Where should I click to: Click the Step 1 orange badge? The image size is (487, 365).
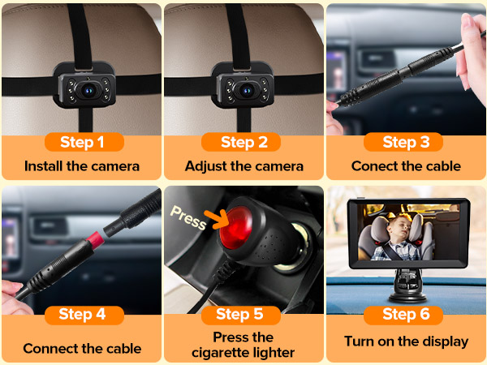coord(82,142)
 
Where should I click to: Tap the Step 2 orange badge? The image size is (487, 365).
coord(244,142)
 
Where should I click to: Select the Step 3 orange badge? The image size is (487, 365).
coord(406,142)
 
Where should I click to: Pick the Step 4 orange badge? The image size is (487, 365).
coord(82,314)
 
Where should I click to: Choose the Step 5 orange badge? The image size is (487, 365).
coord(244,314)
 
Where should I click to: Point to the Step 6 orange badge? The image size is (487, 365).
coord(406,314)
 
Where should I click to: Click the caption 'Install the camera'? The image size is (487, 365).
coord(82,166)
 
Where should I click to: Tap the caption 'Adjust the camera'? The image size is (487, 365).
coord(244,166)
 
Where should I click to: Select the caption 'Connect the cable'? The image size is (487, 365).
coord(82,349)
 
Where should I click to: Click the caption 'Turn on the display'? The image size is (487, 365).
coord(406,341)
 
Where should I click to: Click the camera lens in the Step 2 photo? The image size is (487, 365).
coord(244,92)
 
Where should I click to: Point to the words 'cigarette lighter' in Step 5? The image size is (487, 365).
coord(244,351)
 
